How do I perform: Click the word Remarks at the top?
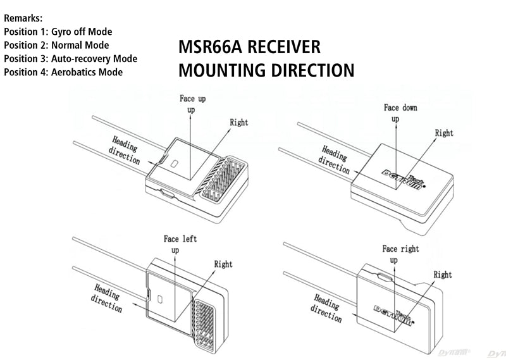point(23,18)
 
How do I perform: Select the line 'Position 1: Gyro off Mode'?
point(58,32)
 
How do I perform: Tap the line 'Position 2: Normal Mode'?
point(56,46)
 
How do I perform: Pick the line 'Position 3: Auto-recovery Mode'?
point(70,59)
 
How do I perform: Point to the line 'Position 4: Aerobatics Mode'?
point(63,72)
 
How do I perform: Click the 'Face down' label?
point(400,108)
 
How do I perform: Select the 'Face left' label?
point(180,239)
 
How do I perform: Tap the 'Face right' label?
point(400,249)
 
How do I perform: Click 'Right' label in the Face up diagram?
point(239,122)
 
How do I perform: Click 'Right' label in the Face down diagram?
point(444,133)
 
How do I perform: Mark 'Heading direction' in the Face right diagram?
point(327,306)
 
